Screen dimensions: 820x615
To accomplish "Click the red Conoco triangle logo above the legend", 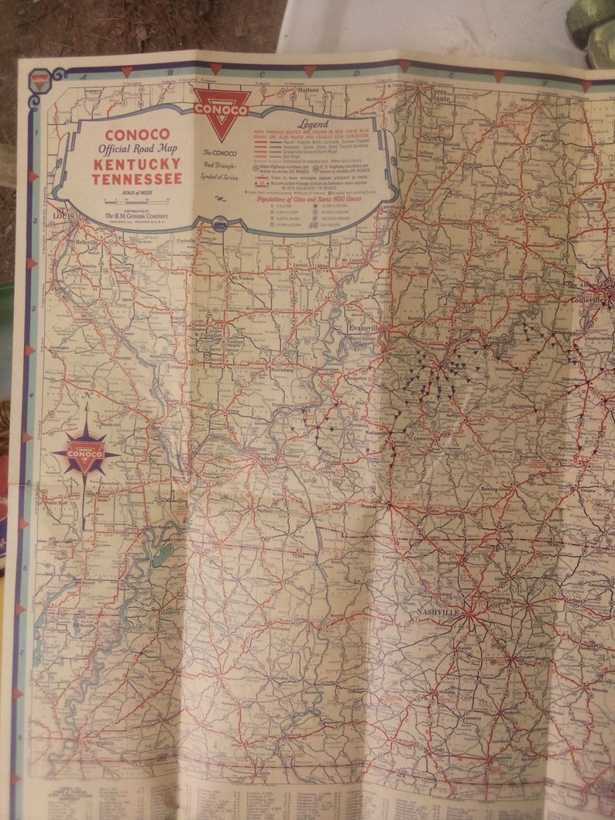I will pos(222,112).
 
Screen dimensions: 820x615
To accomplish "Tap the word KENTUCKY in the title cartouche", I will pos(137,164).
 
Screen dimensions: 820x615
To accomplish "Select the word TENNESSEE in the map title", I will pos(137,179).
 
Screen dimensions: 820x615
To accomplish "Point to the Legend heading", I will pos(313,124).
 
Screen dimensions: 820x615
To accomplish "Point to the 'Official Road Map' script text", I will pos(137,149).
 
